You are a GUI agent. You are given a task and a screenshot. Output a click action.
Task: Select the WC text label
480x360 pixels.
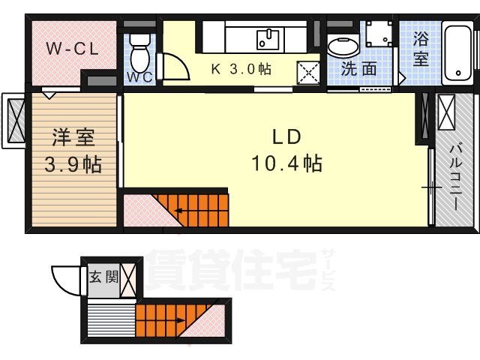coord(137,77)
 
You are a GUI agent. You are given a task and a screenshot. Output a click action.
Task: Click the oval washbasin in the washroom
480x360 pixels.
coord(343,46)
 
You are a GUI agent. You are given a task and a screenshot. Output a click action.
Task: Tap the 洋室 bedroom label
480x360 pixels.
coord(73,138)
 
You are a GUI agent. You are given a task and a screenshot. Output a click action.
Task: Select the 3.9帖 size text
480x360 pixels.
coord(73,163)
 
